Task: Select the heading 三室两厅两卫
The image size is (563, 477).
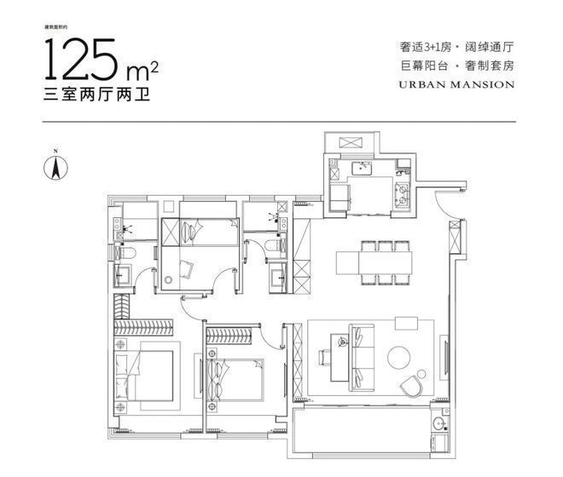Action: point(93,97)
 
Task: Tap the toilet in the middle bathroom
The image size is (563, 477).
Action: point(274,247)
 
